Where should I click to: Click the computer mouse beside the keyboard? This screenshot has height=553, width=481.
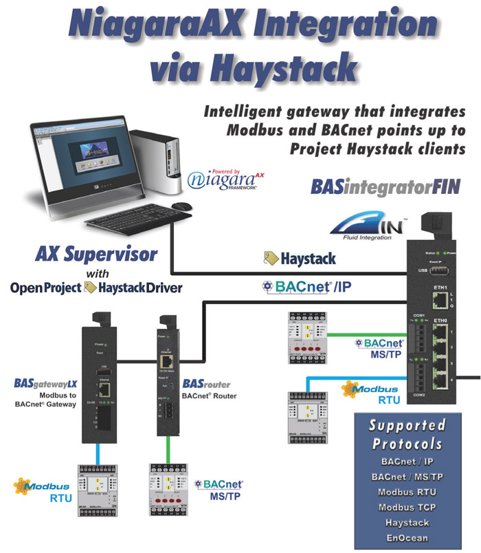181,206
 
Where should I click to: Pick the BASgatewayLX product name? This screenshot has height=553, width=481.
43,382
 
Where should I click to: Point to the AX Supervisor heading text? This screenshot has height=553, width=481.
96,255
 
